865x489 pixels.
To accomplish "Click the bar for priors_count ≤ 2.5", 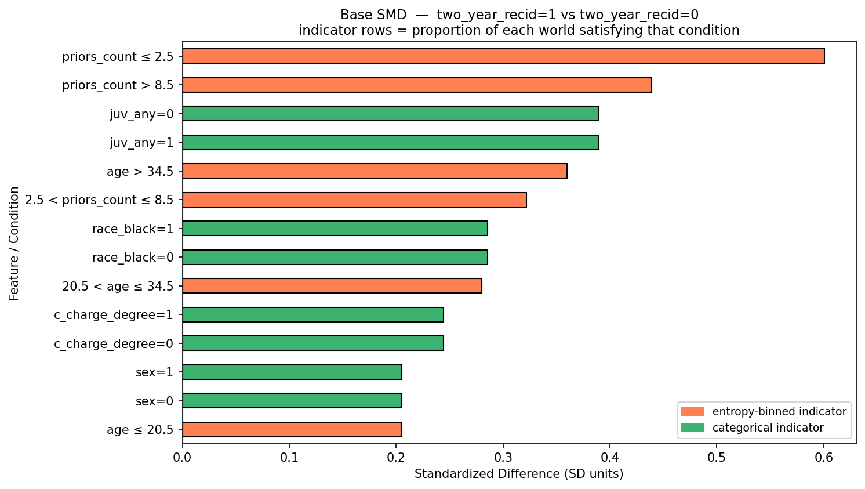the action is point(503,56).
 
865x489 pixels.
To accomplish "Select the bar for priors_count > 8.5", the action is point(417,85).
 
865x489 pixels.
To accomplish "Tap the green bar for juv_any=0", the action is point(390,114).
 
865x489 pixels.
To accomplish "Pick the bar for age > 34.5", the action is point(375,171).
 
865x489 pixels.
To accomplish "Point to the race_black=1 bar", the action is point(335,229).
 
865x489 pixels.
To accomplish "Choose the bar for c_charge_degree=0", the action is point(313,343).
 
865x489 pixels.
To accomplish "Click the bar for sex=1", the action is point(292,372).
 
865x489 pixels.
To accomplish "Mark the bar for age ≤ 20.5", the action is point(292,429).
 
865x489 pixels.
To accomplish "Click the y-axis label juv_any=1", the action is point(141,143).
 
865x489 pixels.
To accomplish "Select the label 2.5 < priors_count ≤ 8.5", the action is point(99,200).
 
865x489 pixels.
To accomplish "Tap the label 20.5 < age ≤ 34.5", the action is point(118,286).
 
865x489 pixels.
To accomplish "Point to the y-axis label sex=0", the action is point(154,401).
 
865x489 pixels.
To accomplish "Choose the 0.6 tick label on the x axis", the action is point(824,458).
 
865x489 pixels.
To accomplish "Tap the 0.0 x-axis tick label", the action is point(182,458).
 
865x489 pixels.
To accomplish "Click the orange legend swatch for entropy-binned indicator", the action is point(693,411).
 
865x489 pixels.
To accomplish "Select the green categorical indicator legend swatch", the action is point(693,428).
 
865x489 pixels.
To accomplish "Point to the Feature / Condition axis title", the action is point(14,244).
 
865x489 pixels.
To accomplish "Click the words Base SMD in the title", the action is point(373,15).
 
